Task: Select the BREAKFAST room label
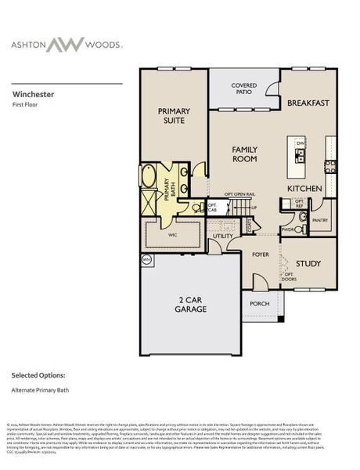click(308, 103)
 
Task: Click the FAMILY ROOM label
click(244, 154)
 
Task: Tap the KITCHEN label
click(305, 189)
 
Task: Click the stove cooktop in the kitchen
click(330, 166)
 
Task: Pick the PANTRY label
click(320, 222)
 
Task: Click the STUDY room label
click(308, 263)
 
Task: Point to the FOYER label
click(260, 255)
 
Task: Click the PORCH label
click(259, 303)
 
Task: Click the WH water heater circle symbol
click(146, 258)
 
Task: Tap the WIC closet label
click(173, 233)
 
